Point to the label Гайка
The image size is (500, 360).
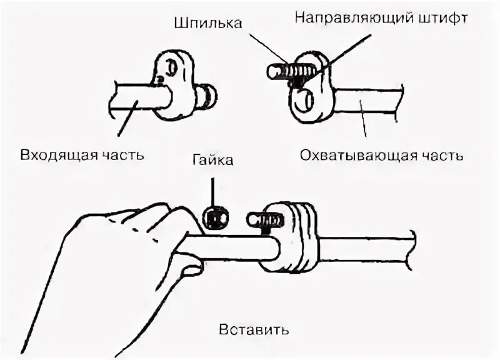[x=214, y=161]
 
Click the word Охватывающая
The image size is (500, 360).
[x=357, y=155]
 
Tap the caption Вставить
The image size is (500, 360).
[x=254, y=329]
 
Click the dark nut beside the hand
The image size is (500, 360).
[x=215, y=219]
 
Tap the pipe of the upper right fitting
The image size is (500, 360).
[x=369, y=103]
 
